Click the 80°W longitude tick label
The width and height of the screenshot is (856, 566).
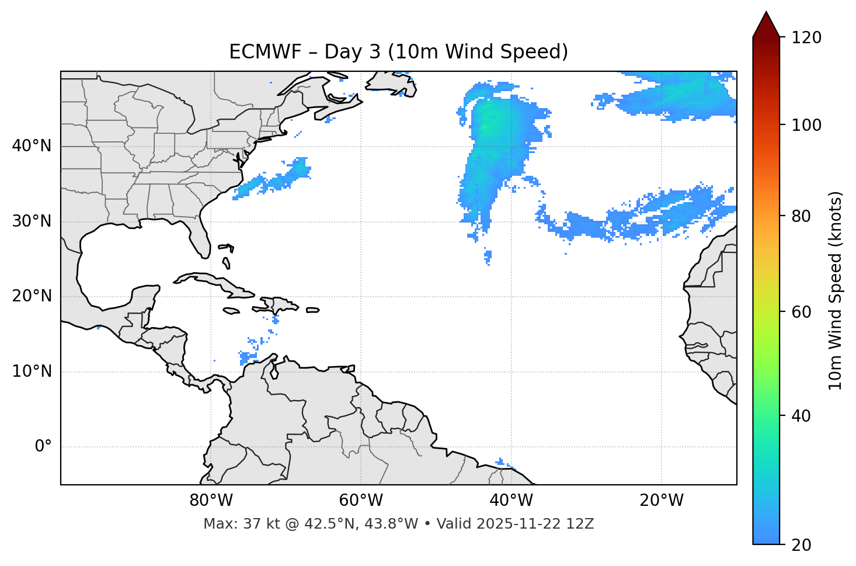pos(211,501)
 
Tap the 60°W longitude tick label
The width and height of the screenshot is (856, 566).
pos(361,501)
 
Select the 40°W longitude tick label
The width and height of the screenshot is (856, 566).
pos(511,501)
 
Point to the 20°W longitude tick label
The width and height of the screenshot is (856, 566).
pos(661,501)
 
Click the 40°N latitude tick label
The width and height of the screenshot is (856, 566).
pos(32,146)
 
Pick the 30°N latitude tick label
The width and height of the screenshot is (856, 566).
pos(32,221)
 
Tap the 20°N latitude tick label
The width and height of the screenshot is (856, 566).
pos(32,296)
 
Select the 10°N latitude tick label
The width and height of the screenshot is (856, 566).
pos(32,371)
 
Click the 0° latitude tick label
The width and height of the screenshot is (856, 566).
pos(43,447)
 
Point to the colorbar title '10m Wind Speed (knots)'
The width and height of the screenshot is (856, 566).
pos(836,290)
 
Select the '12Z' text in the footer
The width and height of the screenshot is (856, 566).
pos(582,524)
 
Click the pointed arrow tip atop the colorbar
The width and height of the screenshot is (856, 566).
pos(766,14)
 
